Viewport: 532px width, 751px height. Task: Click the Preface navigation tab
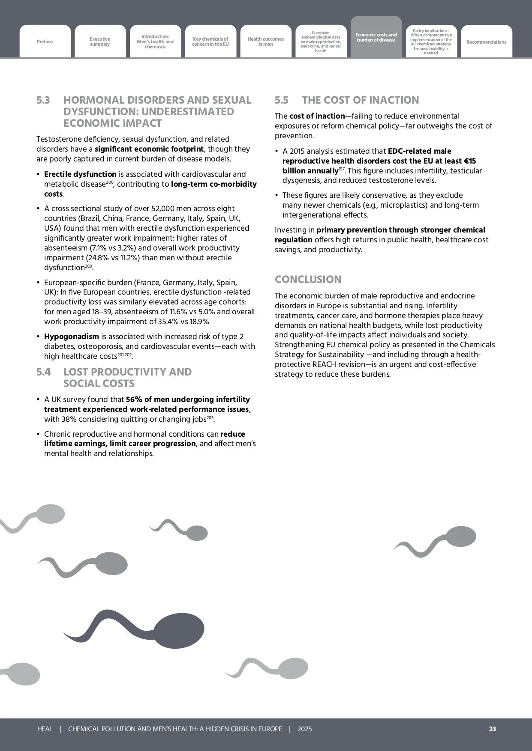(45, 42)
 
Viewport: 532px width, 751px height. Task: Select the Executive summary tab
(100, 42)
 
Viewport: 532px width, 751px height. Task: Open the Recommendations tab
(486, 42)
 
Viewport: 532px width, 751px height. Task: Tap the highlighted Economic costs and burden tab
(376, 37)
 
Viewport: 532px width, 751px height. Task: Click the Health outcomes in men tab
(266, 42)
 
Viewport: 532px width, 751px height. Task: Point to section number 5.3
(43, 100)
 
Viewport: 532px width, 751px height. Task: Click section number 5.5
(282, 100)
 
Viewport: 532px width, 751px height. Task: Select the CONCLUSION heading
(308, 280)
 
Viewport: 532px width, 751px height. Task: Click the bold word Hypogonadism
(72, 337)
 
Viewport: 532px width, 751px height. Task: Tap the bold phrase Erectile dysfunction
(80, 174)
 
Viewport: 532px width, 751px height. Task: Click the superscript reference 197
(342, 169)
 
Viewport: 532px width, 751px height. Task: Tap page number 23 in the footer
(493, 729)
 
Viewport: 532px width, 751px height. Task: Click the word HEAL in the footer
(45, 729)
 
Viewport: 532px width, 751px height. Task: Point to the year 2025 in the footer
(304, 729)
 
